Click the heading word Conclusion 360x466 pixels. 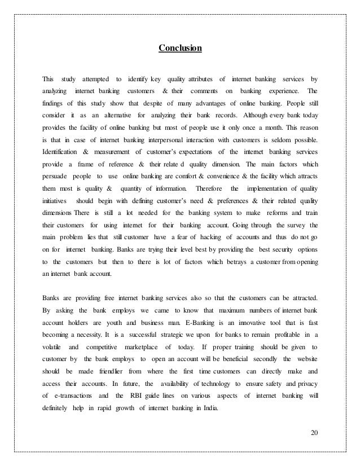[x=179, y=49]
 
